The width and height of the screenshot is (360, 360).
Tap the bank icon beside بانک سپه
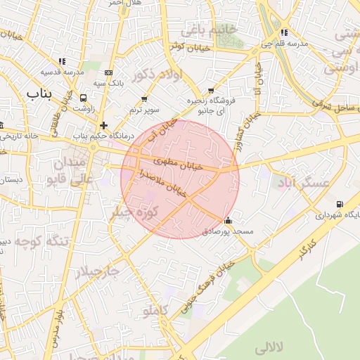(108, 72)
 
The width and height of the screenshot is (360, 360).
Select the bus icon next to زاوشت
(84, 99)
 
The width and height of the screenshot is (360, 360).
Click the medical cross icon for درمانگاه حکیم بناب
(103, 125)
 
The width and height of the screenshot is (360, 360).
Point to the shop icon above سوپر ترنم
(144, 99)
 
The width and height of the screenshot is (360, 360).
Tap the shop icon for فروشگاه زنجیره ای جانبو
(211, 91)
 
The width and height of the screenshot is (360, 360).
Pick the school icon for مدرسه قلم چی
(283, 32)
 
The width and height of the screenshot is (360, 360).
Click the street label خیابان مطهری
(179, 164)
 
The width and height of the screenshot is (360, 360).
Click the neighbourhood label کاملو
(155, 309)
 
